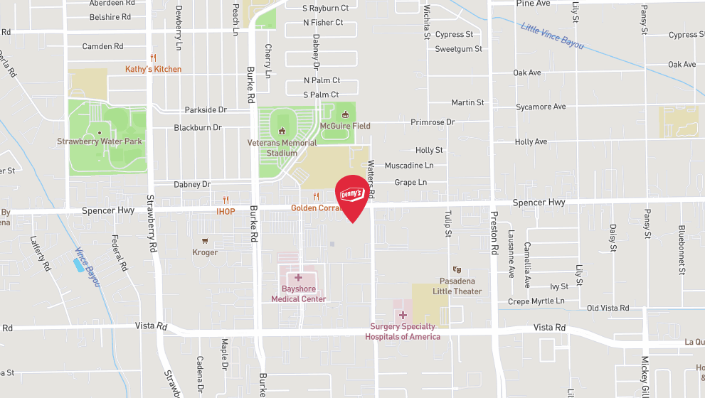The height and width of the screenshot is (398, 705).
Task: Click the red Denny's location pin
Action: [x=352, y=197]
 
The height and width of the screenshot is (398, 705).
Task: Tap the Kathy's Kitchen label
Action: [x=153, y=69]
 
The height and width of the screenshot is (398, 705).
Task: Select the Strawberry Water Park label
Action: [x=100, y=141]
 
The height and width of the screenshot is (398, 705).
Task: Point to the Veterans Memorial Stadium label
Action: [x=282, y=147]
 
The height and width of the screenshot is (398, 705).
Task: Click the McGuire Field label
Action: [x=345, y=126]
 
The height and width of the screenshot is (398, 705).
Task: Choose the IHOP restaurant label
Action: [x=226, y=211]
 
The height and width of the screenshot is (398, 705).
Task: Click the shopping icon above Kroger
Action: [x=205, y=241]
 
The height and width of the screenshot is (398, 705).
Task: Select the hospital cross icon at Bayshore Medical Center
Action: [x=298, y=277]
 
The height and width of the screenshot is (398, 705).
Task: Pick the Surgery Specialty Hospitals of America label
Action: [x=403, y=332]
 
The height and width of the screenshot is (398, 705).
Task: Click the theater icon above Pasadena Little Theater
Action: [x=457, y=269]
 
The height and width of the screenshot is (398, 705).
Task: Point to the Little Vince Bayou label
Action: [x=552, y=36]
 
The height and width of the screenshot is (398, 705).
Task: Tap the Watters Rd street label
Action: [x=371, y=179]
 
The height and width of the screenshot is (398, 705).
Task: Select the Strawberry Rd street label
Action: [x=152, y=225]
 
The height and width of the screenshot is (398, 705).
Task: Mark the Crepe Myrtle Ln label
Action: [x=536, y=301]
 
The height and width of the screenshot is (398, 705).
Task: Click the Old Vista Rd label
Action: [x=608, y=308]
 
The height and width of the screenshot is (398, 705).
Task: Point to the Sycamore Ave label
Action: [x=541, y=107]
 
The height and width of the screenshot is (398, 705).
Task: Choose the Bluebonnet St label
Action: [x=681, y=249]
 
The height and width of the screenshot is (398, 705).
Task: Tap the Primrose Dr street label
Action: [x=433, y=122]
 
